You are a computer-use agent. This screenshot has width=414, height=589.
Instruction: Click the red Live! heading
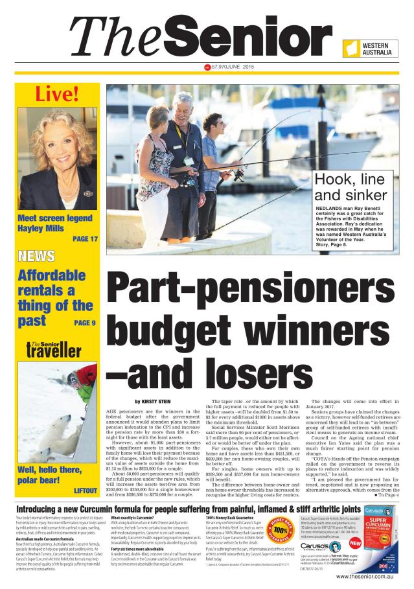(57, 95)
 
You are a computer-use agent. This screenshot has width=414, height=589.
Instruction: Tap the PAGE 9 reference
(84, 322)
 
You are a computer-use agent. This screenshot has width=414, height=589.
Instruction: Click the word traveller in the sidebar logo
(54, 352)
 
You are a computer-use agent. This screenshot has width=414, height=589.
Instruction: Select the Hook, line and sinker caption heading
(351, 187)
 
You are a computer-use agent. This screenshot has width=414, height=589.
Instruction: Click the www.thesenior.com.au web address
(362, 576)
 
